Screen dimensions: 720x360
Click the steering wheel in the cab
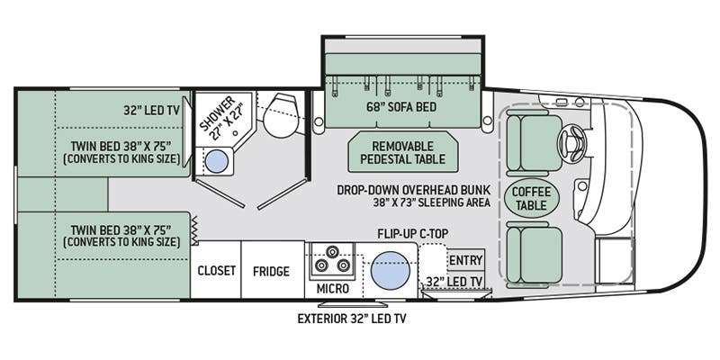[x=571, y=143]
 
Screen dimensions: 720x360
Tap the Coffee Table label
[x=531, y=198]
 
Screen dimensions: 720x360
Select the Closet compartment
[x=216, y=271]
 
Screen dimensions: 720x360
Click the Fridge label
[x=271, y=272]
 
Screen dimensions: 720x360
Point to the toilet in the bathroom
[x=281, y=115]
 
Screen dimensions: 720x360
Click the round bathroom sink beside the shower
[x=216, y=161]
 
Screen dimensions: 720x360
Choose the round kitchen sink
[x=390, y=271]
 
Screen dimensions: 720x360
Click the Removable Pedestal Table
[x=403, y=152]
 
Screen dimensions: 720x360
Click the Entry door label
[x=465, y=260]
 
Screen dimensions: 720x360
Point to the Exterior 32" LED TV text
[x=352, y=319]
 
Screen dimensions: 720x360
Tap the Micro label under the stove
[x=332, y=288]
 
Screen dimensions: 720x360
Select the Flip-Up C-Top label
[x=413, y=233]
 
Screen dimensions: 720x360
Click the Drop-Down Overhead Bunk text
[x=414, y=190]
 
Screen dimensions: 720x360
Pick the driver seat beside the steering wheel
[x=535, y=143]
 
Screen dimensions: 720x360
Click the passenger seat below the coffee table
[x=535, y=255]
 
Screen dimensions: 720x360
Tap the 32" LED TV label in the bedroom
[x=151, y=110]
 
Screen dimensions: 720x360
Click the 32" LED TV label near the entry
[x=454, y=282]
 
